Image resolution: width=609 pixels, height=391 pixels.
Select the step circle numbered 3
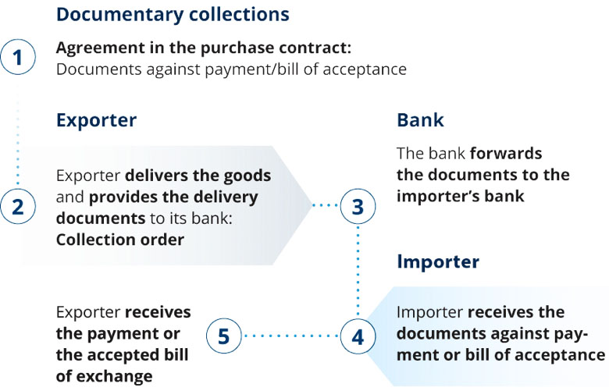pyautogui.click(x=358, y=207)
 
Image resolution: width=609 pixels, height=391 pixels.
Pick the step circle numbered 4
pyautogui.click(x=358, y=336)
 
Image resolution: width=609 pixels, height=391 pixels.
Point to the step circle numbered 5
pyautogui.click(x=224, y=336)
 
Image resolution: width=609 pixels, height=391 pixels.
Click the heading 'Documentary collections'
pyautogui.click(x=173, y=15)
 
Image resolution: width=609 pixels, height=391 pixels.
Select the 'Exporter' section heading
pyautogui.click(x=96, y=120)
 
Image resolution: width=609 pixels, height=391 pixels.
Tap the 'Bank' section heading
pyautogui.click(x=420, y=120)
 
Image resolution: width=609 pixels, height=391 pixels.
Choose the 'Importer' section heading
pyautogui.click(x=438, y=261)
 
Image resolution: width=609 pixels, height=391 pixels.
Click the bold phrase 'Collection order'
pyautogui.click(x=119, y=240)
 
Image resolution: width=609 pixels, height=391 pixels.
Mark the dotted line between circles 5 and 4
pyautogui.click(x=291, y=336)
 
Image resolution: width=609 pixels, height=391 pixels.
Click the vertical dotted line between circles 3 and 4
pyautogui.click(x=358, y=272)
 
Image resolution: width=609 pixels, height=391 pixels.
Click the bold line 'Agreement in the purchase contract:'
pyautogui.click(x=193, y=48)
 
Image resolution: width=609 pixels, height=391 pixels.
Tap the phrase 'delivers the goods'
pyautogui.click(x=198, y=175)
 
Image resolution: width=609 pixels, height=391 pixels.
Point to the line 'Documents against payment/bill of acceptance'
pyautogui.click(x=231, y=69)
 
